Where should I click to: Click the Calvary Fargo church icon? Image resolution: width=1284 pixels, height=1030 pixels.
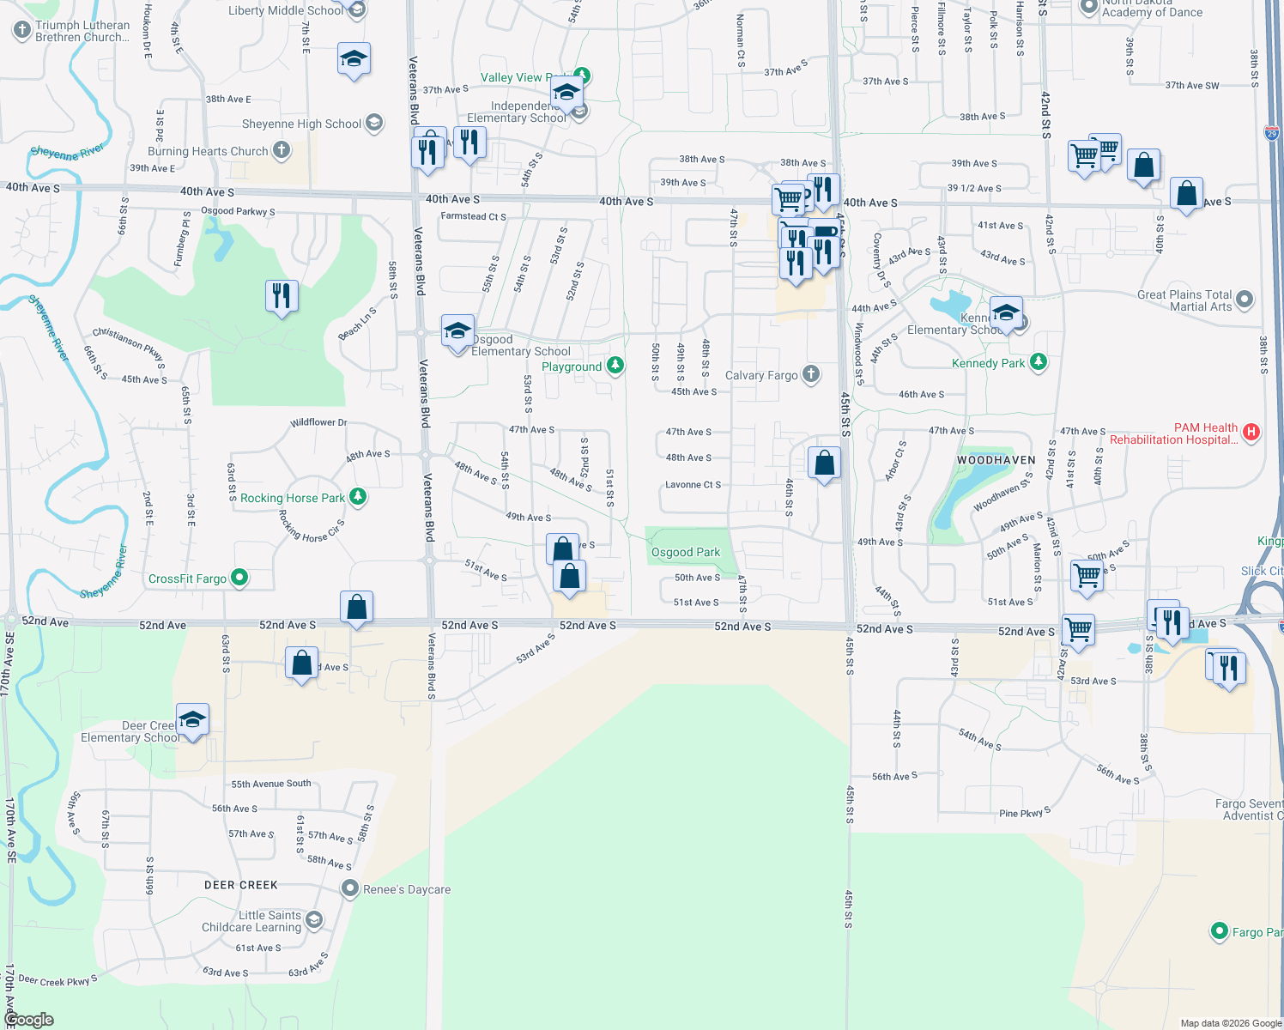pos(810,374)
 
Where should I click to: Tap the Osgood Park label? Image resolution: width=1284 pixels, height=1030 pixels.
pos(685,553)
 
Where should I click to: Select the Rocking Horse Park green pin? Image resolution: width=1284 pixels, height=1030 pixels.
pos(359,497)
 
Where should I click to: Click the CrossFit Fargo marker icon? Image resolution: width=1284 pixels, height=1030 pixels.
pos(240,579)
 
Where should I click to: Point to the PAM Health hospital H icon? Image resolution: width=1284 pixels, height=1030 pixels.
pos(1251,433)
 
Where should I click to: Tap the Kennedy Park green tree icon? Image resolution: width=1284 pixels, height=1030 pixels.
pos(1039,362)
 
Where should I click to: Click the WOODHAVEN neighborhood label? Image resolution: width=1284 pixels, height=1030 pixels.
pos(996,461)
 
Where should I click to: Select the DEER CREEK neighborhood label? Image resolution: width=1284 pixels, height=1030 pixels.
pos(241,885)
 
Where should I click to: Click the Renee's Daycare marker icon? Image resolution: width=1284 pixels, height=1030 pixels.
pos(349,888)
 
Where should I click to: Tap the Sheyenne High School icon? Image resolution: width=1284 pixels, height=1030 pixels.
pos(374,123)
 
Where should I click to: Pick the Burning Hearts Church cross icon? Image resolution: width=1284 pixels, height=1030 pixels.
pos(282,151)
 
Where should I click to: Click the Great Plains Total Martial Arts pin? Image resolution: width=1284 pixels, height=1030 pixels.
pos(1245,300)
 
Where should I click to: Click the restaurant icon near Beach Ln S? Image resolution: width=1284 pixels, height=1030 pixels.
pos(282,296)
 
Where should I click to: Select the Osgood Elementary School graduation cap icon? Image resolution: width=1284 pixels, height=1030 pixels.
pos(457,330)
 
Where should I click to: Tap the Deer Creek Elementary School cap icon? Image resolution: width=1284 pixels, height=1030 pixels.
pos(192,719)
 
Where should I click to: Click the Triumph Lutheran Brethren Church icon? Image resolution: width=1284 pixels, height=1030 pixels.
pos(22,30)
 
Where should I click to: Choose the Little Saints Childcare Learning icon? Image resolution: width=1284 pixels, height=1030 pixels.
pos(314,920)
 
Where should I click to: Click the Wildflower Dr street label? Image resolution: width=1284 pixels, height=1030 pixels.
pos(318,422)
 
